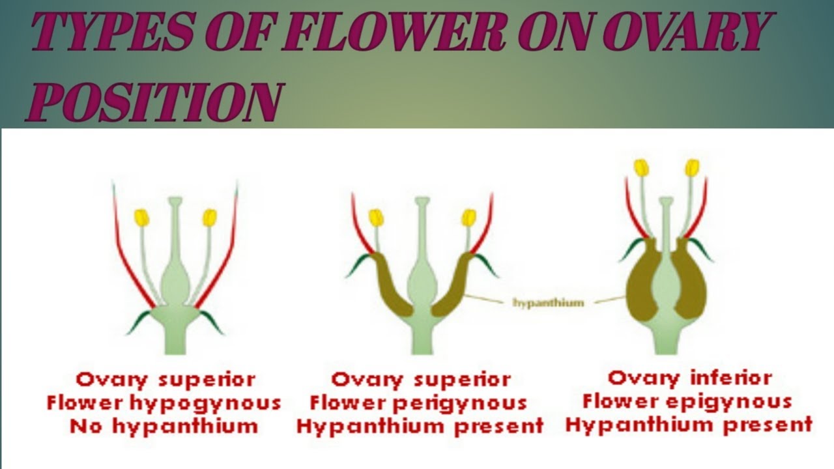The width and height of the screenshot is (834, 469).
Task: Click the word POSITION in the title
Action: point(154,102)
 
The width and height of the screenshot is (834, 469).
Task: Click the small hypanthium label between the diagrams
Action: point(548,302)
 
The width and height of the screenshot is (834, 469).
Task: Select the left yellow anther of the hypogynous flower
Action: point(141,218)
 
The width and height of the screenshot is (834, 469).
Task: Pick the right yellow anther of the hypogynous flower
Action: point(209,218)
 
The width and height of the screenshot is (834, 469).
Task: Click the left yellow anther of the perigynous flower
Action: point(375,218)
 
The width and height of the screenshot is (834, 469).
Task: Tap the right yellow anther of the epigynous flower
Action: point(691,167)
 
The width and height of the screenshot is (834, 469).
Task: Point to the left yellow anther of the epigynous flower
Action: point(642,167)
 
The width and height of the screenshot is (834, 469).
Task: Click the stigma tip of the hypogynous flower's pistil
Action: point(175,202)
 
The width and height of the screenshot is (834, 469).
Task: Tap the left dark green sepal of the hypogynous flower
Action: point(139,322)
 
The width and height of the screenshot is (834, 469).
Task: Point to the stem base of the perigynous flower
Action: point(422,339)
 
